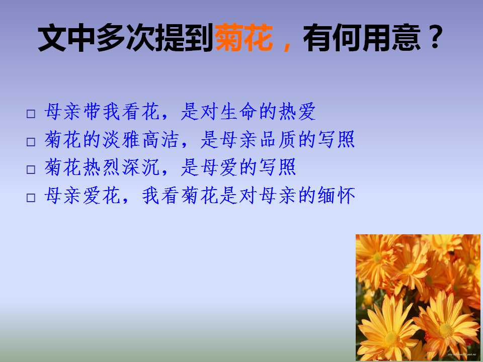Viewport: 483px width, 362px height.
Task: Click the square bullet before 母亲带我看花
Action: (31, 115)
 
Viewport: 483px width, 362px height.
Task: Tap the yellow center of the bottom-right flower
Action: (446, 330)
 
